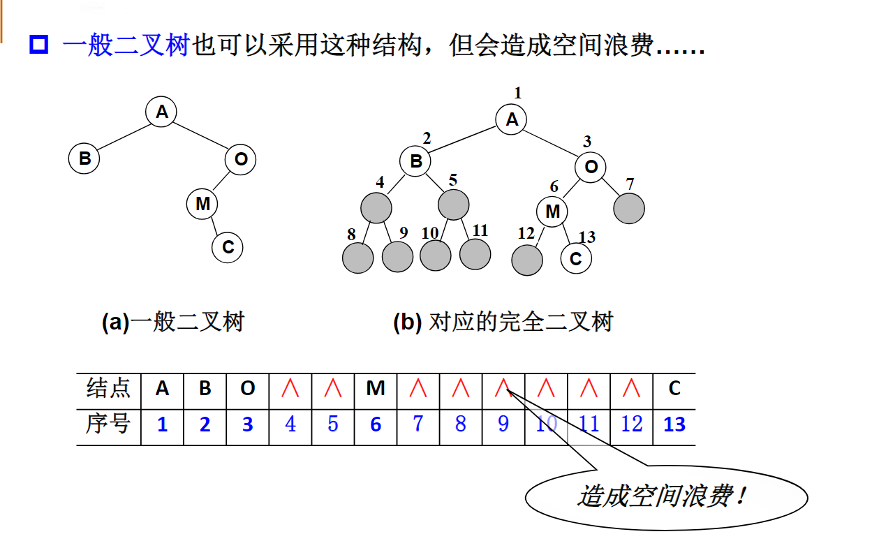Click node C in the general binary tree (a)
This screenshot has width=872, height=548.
tap(228, 247)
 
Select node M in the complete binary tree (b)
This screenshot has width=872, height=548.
tap(552, 212)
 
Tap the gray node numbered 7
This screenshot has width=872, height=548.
tap(629, 208)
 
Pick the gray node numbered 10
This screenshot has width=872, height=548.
tap(436, 256)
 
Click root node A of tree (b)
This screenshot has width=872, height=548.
tap(512, 119)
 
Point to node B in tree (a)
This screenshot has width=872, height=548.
tap(84, 158)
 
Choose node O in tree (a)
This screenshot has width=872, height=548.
tap(241, 159)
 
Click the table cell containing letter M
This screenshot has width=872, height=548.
tap(376, 389)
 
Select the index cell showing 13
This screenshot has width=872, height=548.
tap(674, 424)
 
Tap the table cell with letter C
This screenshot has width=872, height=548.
tap(674, 389)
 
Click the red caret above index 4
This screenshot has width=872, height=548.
tap(290, 389)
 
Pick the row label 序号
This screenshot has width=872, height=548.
tap(109, 423)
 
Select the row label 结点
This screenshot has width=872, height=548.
tap(109, 388)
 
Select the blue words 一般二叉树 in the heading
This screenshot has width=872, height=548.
tap(126, 45)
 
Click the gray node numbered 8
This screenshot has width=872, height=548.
tap(358, 258)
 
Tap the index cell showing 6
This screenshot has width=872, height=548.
tap(376, 424)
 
